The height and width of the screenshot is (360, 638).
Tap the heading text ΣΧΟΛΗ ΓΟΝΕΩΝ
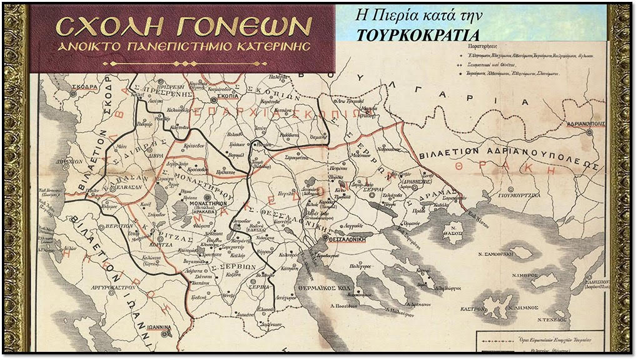coord(183,26)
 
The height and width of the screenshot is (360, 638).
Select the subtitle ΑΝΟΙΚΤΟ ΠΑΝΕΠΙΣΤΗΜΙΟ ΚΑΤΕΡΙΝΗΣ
coord(183,47)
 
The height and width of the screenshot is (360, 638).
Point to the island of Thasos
coord(454,232)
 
